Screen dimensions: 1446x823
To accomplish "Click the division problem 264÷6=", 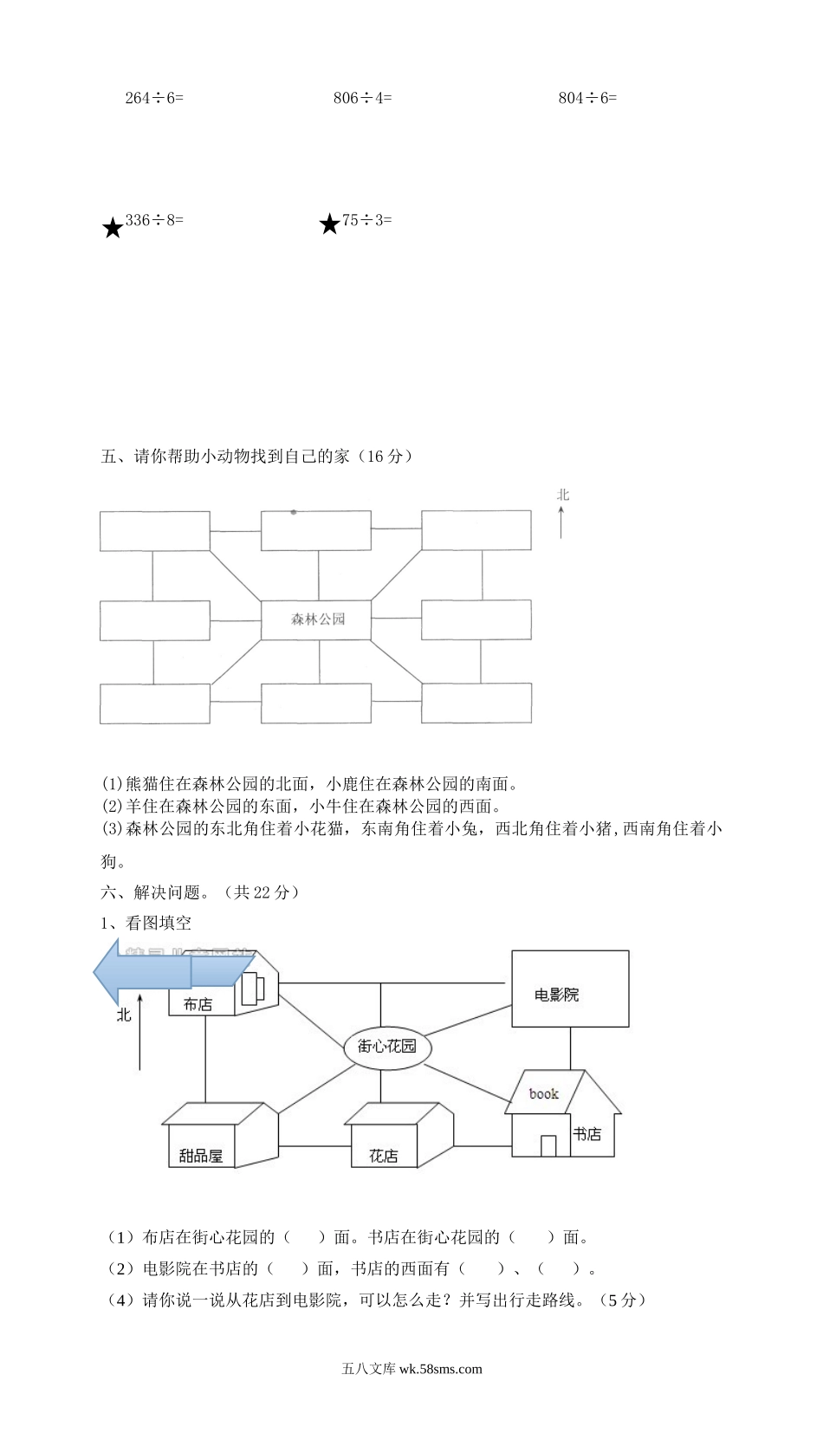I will point(154,99).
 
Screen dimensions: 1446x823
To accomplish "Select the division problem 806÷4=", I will point(362,99).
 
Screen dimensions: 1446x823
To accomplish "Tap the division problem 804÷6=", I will point(587,99).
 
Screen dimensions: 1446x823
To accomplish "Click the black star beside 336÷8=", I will point(113,229).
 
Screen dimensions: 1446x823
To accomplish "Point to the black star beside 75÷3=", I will point(329,225).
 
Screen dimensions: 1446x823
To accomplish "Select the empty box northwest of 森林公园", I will point(154,531).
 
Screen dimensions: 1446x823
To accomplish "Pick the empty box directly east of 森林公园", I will point(476,619).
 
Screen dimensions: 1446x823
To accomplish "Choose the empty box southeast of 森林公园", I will point(476,703).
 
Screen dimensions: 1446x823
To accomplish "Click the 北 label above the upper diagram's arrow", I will point(563,496).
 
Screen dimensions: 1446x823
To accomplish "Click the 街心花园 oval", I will point(387,1046).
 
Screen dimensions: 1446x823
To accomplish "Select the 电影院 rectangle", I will point(569,989).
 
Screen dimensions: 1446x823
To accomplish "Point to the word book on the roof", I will point(544,1094).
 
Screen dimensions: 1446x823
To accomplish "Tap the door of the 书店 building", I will point(548,1145).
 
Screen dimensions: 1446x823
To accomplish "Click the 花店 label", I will point(383,1156).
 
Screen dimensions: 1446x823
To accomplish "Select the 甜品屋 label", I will point(201,1156).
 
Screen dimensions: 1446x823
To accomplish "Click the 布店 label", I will point(198,1005).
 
